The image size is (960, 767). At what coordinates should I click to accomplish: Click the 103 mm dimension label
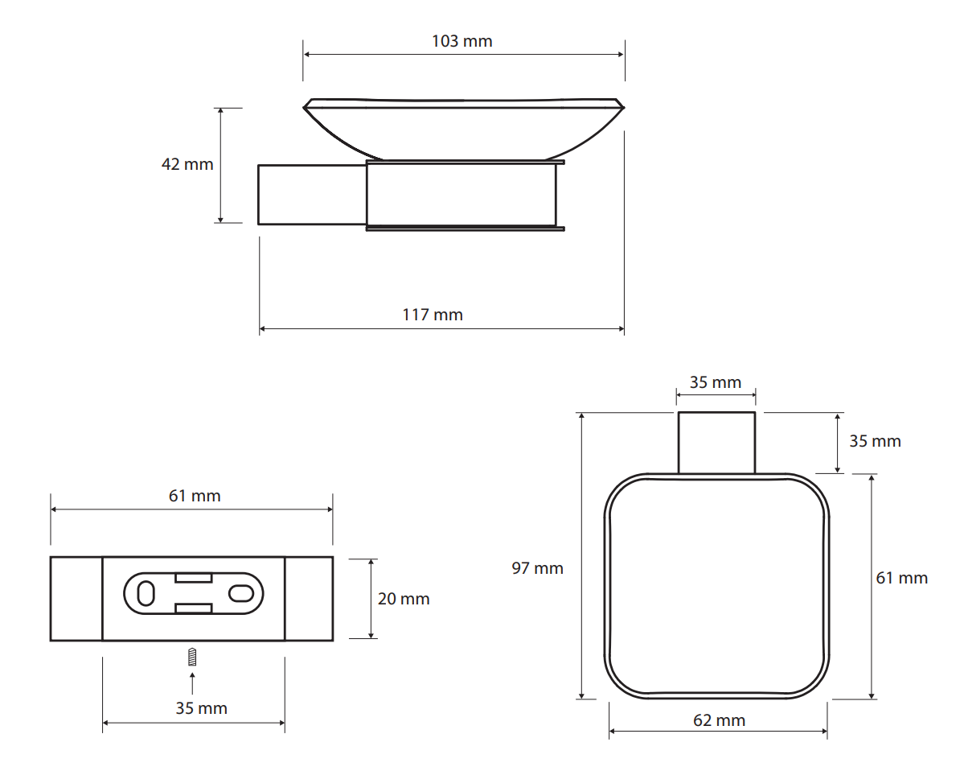462,41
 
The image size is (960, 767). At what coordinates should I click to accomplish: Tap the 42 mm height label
187,164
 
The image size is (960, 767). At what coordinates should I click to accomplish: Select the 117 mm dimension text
433,315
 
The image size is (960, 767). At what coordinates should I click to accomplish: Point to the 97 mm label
537,568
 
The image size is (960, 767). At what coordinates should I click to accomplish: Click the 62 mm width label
719,720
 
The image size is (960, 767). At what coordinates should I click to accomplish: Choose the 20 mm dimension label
404,599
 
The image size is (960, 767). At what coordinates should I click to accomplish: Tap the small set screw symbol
192,657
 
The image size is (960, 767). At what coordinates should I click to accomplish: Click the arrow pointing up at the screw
192,683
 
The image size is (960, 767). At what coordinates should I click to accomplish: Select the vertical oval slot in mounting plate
146,594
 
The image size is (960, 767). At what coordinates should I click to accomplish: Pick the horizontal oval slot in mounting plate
241,594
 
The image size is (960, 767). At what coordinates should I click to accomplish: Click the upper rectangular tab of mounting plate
194,578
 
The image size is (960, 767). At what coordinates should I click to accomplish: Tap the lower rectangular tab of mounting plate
194,608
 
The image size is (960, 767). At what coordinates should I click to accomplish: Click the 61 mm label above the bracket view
195,496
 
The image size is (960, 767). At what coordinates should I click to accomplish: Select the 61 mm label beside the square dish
901,578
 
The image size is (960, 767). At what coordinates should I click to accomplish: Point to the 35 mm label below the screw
202,708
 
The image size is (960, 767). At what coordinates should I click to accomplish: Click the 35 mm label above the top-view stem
715,382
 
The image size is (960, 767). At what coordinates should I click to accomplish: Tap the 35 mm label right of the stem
875,441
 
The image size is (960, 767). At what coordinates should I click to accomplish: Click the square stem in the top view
716,443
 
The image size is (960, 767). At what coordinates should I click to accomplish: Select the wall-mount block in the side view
312,195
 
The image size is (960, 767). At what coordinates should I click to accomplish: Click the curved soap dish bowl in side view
463,129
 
